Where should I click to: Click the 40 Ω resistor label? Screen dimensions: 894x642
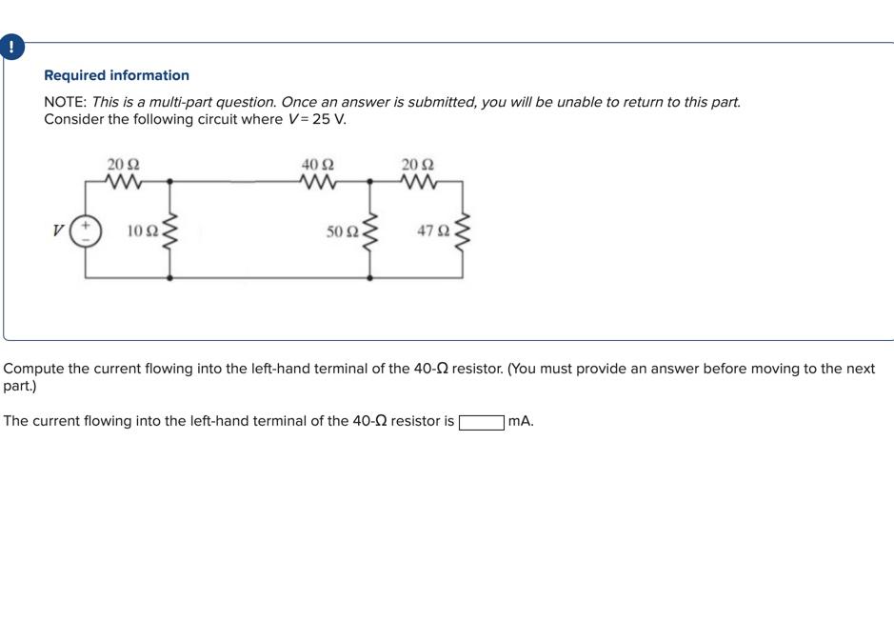[x=317, y=164]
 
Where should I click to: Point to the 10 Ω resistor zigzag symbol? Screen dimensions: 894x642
[x=170, y=230]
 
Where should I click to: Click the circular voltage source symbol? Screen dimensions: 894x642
[x=86, y=231]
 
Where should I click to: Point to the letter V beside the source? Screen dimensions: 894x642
[x=59, y=231]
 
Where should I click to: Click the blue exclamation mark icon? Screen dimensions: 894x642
[x=11, y=47]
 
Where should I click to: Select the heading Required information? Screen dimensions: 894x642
[x=116, y=75]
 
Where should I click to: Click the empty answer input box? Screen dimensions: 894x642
[x=482, y=421]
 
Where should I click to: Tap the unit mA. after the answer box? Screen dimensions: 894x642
[x=521, y=421]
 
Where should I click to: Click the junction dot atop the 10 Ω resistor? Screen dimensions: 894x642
[x=170, y=180]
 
